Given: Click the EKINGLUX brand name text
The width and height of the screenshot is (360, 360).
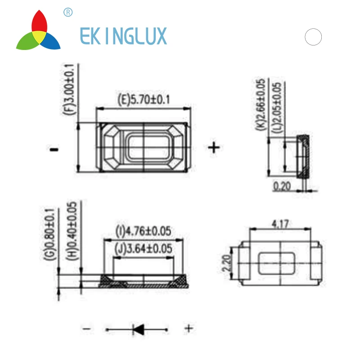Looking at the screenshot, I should click(123, 36).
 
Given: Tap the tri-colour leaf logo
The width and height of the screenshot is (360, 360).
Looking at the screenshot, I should click(38, 31).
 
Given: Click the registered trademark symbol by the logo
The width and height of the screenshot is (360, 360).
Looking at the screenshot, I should click(68, 12).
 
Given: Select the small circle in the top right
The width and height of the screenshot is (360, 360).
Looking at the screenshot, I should click(313, 37).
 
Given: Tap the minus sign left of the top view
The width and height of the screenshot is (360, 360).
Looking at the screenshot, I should click(54, 149).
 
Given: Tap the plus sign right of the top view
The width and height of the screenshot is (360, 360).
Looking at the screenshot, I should click(213, 147).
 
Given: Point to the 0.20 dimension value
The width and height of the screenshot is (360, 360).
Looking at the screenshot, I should click(283, 185).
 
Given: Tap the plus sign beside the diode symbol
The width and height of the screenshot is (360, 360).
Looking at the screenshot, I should click(189, 328).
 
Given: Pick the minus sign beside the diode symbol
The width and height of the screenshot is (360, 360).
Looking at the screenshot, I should click(86, 329).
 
